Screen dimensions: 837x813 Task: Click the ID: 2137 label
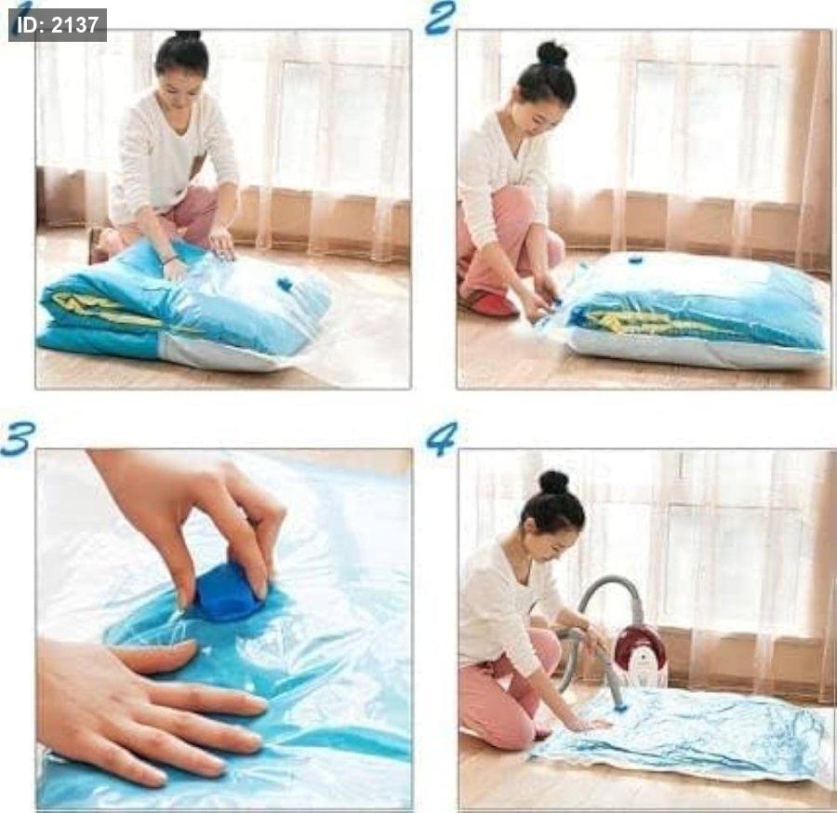(58, 25)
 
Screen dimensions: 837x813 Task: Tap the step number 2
(441, 18)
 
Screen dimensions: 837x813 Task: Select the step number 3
(18, 438)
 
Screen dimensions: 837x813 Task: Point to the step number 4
(442, 439)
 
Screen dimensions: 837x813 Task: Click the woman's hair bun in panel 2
(551, 53)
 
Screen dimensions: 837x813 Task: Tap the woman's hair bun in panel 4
(553, 482)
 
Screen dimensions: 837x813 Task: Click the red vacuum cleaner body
(640, 655)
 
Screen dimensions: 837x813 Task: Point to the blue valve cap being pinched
(228, 592)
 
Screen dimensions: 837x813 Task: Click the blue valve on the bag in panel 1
(286, 285)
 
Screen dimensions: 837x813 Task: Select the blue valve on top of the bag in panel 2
(635, 260)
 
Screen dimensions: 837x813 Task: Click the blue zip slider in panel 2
(556, 301)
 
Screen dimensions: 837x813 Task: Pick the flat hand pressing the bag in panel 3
(144, 705)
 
